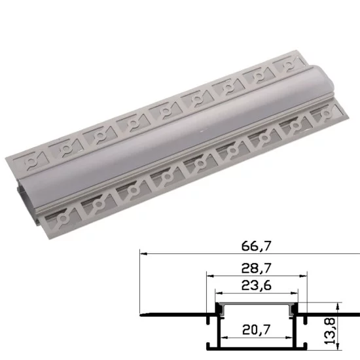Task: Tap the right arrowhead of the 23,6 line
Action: (292, 294)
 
